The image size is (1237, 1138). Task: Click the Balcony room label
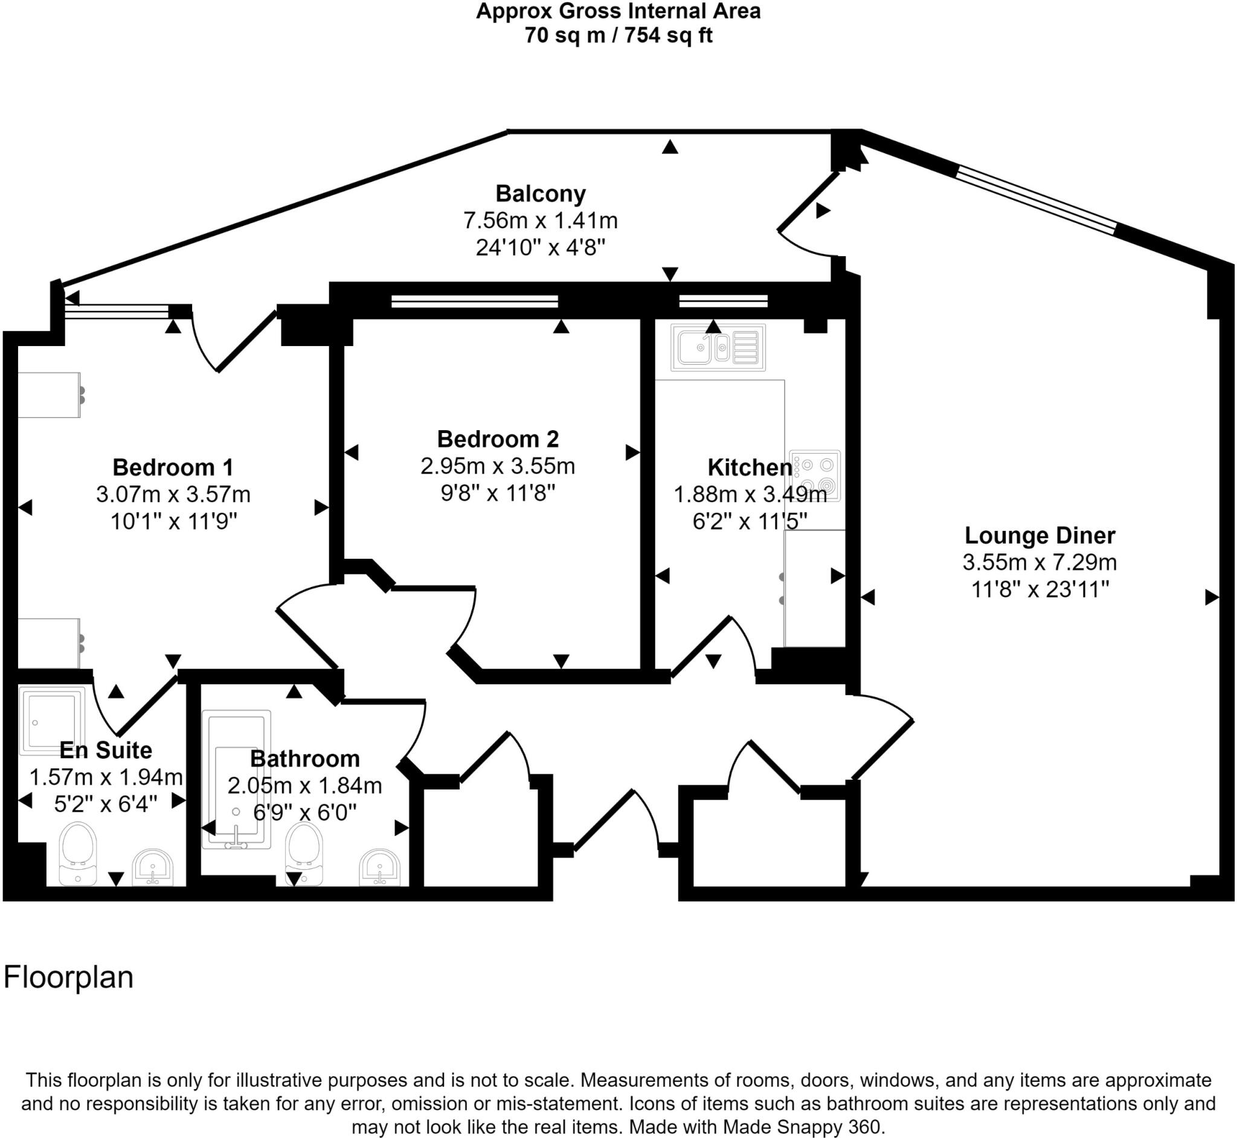point(540,193)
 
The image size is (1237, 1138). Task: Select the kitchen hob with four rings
point(815,475)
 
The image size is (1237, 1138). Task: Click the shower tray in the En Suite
point(52,721)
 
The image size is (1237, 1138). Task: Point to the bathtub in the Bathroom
point(236,780)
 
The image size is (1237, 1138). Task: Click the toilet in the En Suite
point(78,852)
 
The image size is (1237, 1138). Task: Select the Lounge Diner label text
point(1039,535)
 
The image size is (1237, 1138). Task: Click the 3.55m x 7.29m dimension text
point(1039,562)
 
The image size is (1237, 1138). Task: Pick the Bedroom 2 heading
point(498,439)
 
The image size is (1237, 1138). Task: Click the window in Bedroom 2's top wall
point(474,301)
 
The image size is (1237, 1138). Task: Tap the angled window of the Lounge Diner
point(1036,201)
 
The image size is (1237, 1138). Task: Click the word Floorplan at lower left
point(68,977)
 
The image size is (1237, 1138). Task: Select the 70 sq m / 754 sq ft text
point(617,36)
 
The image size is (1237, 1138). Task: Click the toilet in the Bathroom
point(304,852)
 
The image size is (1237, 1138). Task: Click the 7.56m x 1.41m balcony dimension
point(540,220)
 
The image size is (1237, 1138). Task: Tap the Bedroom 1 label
point(173,468)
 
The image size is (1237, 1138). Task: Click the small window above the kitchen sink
point(724,301)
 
